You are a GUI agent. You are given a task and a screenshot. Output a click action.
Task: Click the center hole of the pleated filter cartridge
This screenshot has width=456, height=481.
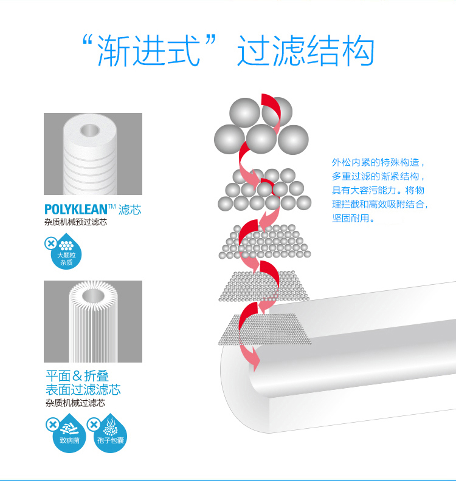(x=92, y=297)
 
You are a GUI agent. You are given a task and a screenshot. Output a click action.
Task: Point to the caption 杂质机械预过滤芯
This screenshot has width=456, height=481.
(x=75, y=222)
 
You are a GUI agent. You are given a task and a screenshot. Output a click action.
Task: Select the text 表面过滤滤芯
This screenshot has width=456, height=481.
(x=83, y=389)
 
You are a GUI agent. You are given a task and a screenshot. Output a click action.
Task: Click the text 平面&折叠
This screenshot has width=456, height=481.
(x=77, y=375)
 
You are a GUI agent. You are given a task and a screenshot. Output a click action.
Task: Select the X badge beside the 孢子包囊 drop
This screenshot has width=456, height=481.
(x=94, y=425)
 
